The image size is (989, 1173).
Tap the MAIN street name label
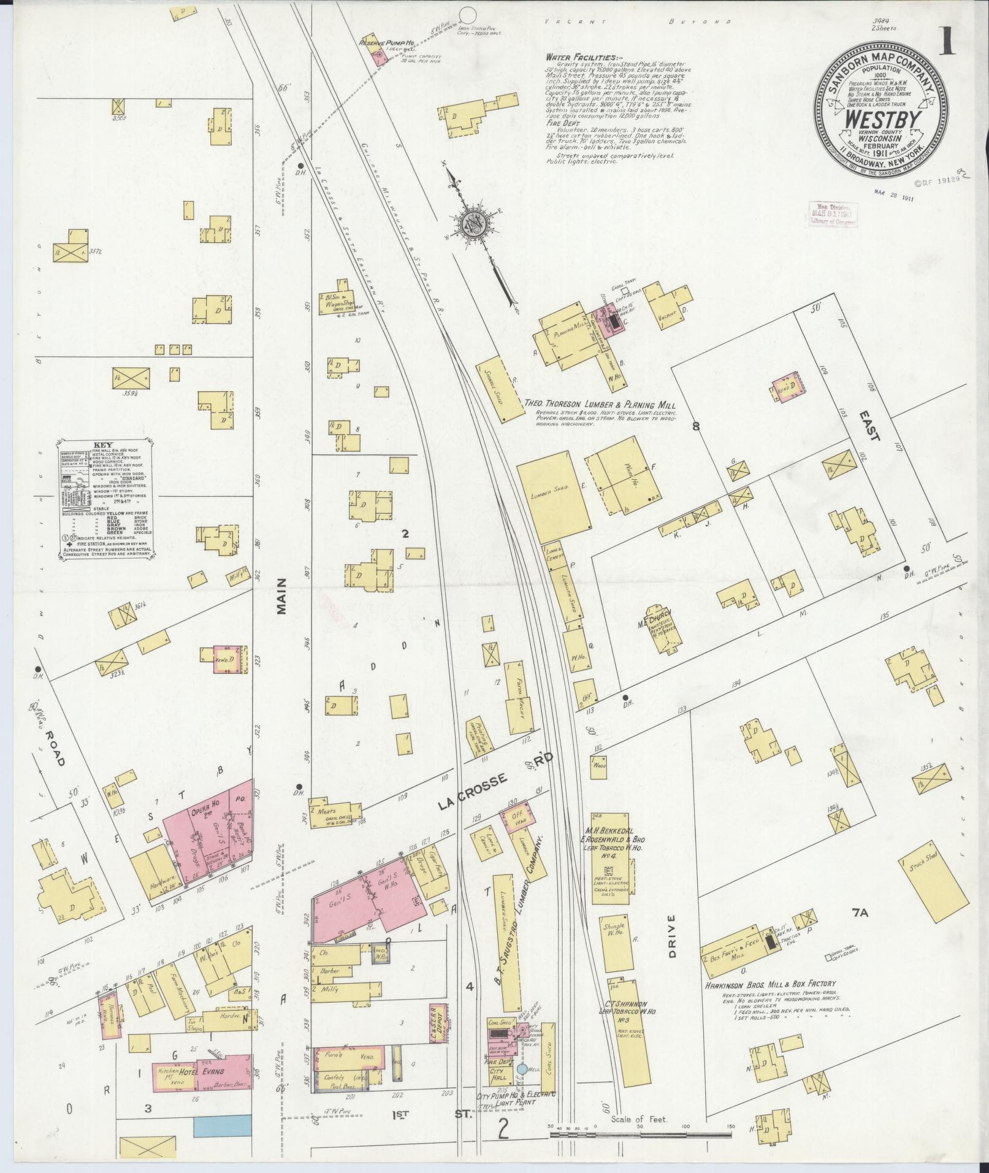tap(281, 597)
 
